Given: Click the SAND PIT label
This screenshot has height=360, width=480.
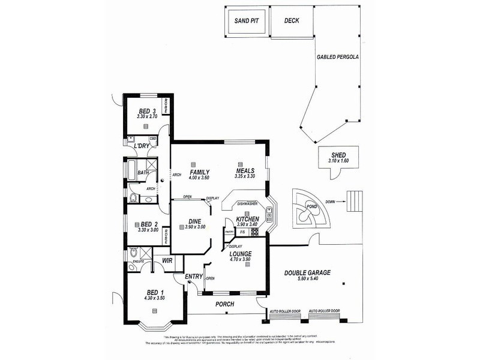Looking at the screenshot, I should pyautogui.click(x=245, y=21).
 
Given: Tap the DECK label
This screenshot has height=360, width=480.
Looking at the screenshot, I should pyautogui.click(x=291, y=21).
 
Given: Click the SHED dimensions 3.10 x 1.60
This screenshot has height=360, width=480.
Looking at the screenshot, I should pyautogui.click(x=338, y=161).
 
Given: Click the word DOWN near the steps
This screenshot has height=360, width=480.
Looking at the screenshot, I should pyautogui.click(x=331, y=202).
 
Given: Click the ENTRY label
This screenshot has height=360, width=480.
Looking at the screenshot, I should pyautogui.click(x=194, y=277).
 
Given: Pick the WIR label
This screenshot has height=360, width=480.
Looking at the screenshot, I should pyautogui.click(x=167, y=260).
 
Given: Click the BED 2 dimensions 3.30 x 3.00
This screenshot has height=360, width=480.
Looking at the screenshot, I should pyautogui.click(x=148, y=230).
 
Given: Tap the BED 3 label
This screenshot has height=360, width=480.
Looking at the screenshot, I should pyautogui.click(x=147, y=111).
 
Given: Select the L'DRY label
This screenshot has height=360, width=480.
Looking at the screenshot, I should pyautogui.click(x=142, y=146).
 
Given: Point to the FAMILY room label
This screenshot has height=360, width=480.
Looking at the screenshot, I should pyautogui.click(x=199, y=172).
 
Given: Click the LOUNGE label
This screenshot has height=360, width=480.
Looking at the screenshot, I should pyautogui.click(x=240, y=254).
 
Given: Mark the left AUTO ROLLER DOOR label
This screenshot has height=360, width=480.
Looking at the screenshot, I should pyautogui.click(x=286, y=311).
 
